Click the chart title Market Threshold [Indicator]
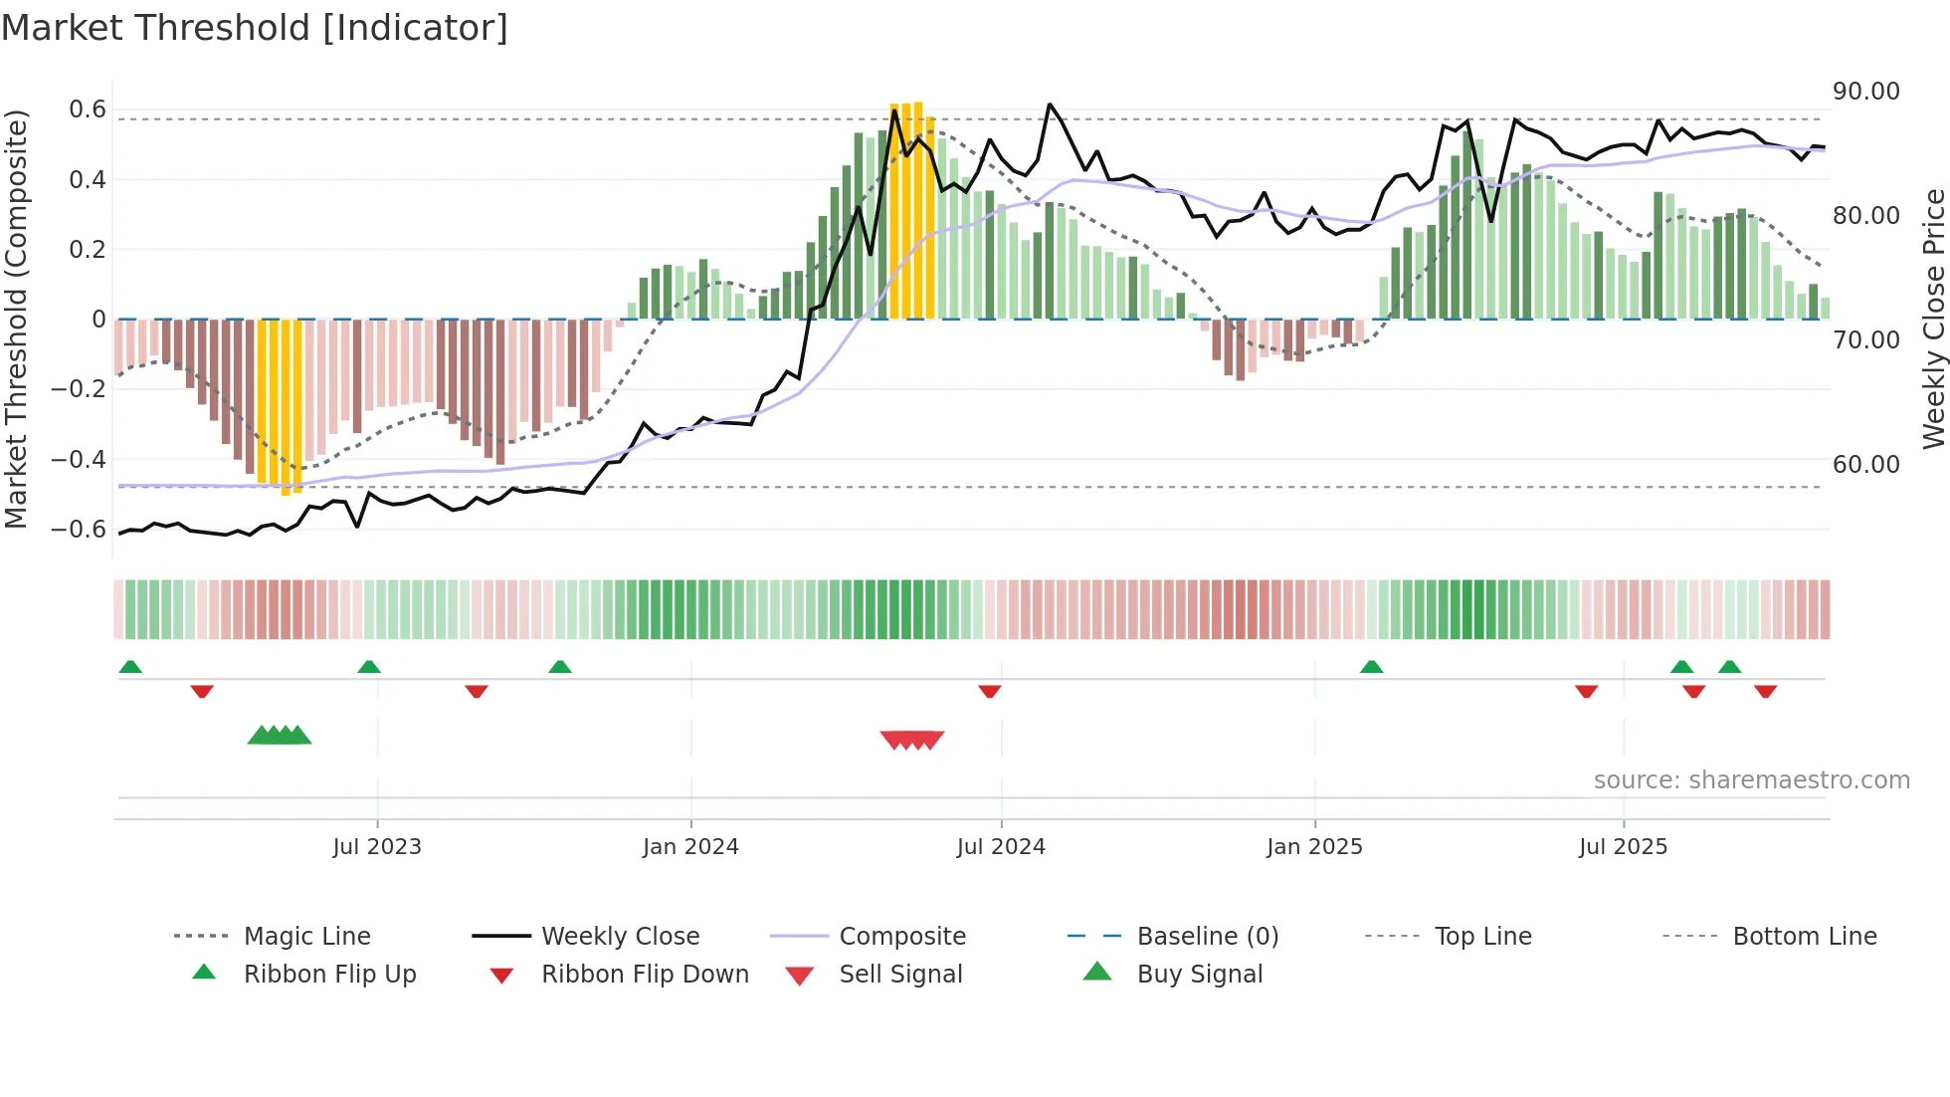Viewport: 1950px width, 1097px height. click(255, 28)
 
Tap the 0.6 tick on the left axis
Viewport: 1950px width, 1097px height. click(88, 110)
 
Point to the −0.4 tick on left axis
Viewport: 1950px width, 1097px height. click(79, 459)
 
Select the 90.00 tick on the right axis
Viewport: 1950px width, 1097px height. click(1865, 92)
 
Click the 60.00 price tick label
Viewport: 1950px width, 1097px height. click(1865, 465)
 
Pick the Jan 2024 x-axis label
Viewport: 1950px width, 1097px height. click(690, 847)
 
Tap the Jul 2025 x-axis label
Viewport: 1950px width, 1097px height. click(1623, 847)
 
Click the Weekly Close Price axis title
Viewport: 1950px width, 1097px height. click(1933, 319)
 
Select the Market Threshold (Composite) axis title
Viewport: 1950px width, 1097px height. click(16, 319)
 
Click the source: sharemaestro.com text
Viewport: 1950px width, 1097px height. click(1751, 780)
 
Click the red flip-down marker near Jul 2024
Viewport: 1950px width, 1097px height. click(989, 691)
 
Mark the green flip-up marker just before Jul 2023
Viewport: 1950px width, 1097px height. click(369, 667)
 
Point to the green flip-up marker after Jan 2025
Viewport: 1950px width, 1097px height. click(1371, 667)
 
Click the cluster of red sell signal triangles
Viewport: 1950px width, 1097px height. click(912, 740)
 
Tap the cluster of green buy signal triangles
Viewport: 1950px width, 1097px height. click(280, 736)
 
